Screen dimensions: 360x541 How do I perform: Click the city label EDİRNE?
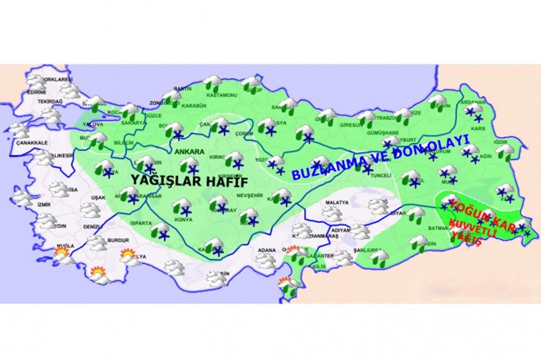tap(36, 92)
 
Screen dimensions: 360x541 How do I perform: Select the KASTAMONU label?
tap(220, 95)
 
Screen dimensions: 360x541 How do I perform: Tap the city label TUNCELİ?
tap(380, 175)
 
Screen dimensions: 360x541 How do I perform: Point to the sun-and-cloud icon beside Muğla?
tap(61, 255)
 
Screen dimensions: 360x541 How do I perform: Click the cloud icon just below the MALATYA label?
tap(332, 214)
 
